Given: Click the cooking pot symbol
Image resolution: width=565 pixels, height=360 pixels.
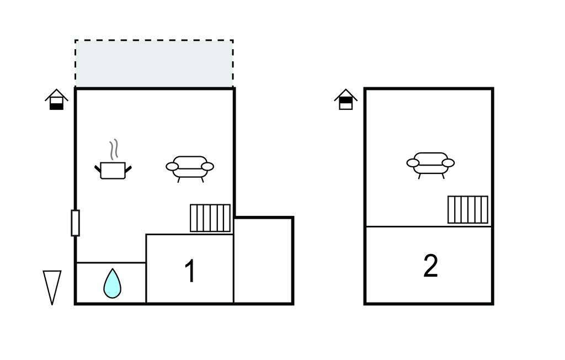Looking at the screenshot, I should click(x=113, y=170).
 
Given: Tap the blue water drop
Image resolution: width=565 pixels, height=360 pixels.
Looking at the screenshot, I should click(x=112, y=284).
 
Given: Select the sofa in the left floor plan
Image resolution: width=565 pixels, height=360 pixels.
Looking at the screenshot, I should click(x=190, y=167).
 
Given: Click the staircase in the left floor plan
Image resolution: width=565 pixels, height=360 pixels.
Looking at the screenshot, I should click(x=210, y=218).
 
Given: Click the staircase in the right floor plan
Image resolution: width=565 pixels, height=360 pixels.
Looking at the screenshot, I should click(x=468, y=210).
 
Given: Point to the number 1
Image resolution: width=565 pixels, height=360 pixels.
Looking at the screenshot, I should click(x=190, y=272).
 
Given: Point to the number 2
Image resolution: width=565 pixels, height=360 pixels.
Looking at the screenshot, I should click(x=430, y=267).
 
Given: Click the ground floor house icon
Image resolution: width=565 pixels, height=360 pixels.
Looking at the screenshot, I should click(x=56, y=100).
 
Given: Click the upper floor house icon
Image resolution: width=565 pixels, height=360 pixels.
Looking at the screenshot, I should click(x=346, y=100).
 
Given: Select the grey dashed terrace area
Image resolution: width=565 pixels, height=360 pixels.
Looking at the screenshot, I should click(x=154, y=63).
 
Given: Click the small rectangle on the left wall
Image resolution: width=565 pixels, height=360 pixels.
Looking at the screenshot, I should click(x=75, y=223).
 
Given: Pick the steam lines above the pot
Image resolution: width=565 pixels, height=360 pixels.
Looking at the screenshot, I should click(x=114, y=149).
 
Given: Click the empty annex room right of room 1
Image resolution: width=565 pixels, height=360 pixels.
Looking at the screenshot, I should click(x=263, y=260).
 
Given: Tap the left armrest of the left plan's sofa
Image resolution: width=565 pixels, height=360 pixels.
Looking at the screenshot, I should click(x=172, y=166).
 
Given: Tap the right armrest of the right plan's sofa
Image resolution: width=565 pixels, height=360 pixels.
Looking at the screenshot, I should click(x=448, y=163).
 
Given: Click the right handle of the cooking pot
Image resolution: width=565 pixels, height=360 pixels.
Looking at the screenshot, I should click(x=129, y=169).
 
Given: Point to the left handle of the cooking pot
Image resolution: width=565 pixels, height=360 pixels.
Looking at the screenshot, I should click(x=98, y=169).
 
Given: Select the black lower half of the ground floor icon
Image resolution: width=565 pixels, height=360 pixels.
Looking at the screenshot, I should click(x=56, y=106).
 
